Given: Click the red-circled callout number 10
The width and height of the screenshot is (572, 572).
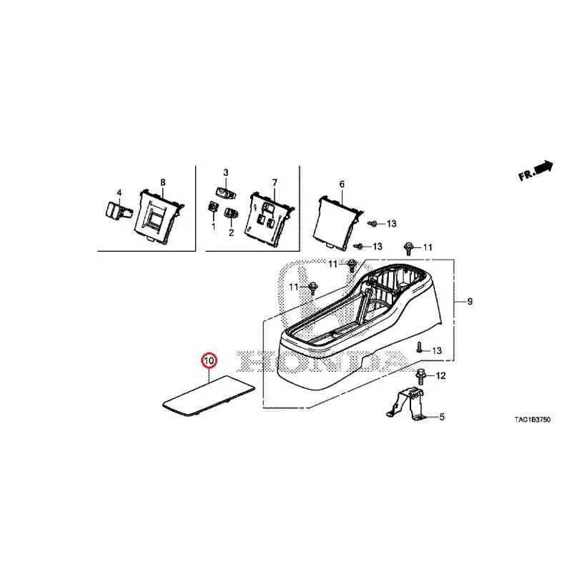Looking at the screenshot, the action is click(x=209, y=361).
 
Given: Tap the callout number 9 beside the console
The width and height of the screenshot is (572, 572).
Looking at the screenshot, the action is click(x=470, y=301).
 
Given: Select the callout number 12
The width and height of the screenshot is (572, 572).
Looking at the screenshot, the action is click(x=441, y=375).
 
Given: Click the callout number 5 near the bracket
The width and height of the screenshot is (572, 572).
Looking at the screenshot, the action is click(x=442, y=417).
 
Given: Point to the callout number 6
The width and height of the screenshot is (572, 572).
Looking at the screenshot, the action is click(x=342, y=184).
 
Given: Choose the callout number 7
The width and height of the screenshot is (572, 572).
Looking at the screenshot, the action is click(x=275, y=182).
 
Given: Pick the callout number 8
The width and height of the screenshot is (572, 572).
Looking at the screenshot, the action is click(x=163, y=182).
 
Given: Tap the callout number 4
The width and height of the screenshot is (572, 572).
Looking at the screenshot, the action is click(x=119, y=192).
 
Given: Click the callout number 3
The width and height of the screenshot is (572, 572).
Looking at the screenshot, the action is click(x=226, y=172).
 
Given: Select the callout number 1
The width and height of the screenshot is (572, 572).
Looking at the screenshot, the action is click(x=213, y=227).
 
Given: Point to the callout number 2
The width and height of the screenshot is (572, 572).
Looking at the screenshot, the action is click(x=231, y=232).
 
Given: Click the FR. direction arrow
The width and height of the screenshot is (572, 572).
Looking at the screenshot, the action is click(x=536, y=171).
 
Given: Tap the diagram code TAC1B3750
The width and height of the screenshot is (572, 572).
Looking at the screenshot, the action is click(x=532, y=420).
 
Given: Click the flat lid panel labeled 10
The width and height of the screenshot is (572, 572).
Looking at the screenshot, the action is click(x=209, y=396).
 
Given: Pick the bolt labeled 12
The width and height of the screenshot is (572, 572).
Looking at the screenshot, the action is click(x=420, y=377).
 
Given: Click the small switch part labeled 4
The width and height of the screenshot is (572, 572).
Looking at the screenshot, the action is click(x=118, y=211).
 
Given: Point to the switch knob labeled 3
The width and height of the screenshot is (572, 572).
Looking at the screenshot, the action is click(x=227, y=192).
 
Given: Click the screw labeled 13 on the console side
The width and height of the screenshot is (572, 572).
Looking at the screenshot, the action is click(x=420, y=347).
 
